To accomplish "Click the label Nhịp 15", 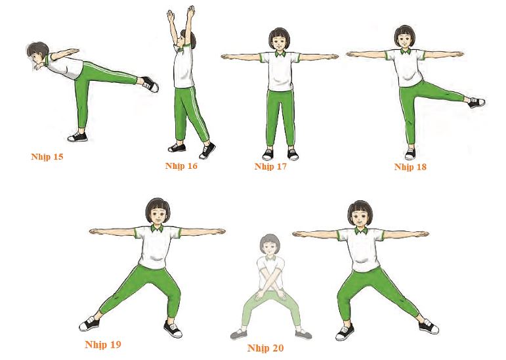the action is [x=47, y=157].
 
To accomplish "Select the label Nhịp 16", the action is [x=181, y=166].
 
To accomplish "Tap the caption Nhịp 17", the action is [x=270, y=167].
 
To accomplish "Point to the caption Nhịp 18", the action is [x=410, y=167].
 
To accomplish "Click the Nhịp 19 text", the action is [x=103, y=345].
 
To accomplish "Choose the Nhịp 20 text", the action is [x=266, y=348].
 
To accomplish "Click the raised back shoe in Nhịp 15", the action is [x=150, y=84].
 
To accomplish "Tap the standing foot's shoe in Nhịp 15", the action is [x=77, y=137].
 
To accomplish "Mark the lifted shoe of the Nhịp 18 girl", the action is [x=476, y=102].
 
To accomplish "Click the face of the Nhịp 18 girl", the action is [x=405, y=40].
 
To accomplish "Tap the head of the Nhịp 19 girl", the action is [x=158, y=212].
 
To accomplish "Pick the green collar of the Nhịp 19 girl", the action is [x=158, y=229].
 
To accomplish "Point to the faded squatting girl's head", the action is [x=270, y=246].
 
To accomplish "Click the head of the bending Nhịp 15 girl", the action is [x=38, y=55].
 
